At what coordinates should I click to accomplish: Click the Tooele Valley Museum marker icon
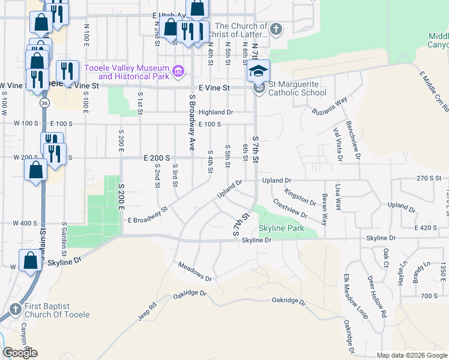pyautogui.click(x=178, y=72)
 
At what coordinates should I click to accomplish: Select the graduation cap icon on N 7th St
pyautogui.click(x=258, y=71)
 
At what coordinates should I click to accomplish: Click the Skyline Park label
pyautogui.click(x=282, y=229)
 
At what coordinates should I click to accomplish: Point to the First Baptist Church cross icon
pyautogui.click(x=16, y=310)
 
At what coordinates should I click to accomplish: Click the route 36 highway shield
pyautogui.click(x=44, y=103)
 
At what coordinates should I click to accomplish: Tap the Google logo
pyautogui.click(x=20, y=353)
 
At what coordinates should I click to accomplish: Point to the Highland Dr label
pyautogui.click(x=215, y=112)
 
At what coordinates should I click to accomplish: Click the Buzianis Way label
pyautogui.click(x=330, y=107)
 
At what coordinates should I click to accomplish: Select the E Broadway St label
pyautogui.click(x=146, y=215)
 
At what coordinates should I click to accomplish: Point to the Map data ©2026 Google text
pyautogui.click(x=412, y=355)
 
